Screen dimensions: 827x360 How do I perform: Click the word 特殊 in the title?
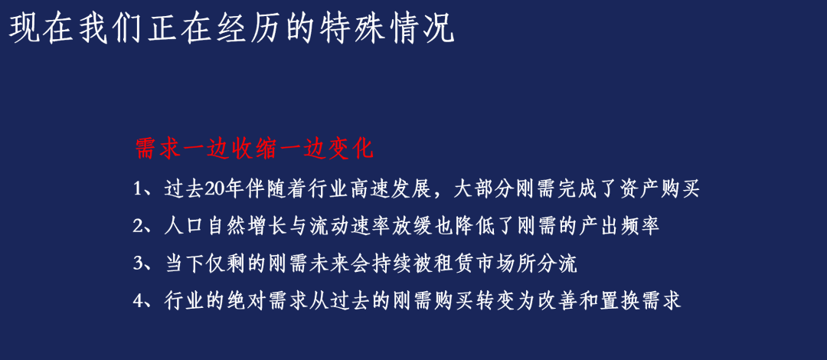click(351, 30)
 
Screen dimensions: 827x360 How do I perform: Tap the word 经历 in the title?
click(249, 30)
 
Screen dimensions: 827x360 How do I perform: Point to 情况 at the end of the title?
click(420, 30)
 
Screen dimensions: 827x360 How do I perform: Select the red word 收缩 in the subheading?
click(254, 149)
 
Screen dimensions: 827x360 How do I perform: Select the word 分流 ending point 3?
click(558, 263)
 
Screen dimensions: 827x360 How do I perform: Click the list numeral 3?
click(138, 263)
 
